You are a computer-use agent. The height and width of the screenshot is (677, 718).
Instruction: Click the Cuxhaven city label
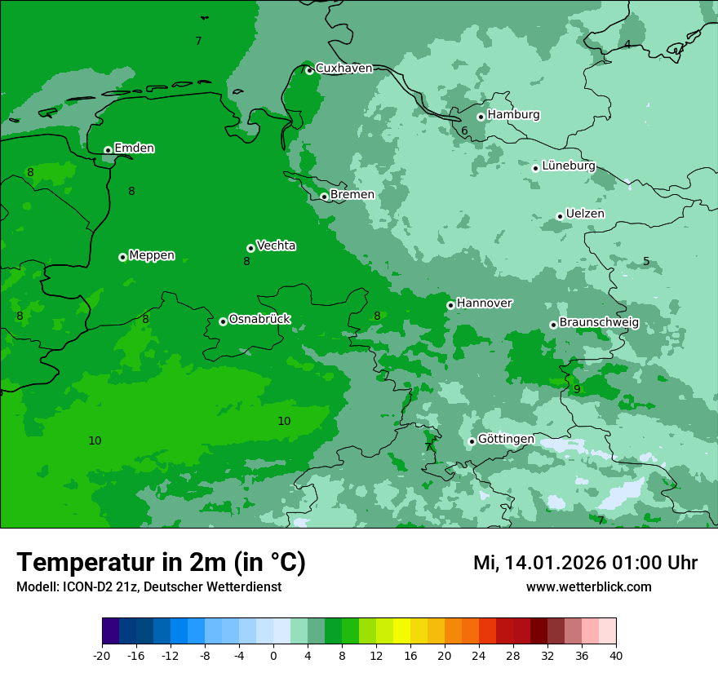(343, 69)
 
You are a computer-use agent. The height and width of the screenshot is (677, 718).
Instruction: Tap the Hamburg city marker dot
(481, 117)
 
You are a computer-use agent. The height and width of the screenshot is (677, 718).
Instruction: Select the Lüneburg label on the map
(568, 166)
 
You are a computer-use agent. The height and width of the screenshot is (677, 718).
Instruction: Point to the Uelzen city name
(585, 214)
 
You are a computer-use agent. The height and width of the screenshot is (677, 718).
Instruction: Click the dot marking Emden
(108, 150)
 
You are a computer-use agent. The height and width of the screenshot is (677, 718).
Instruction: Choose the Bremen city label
(352, 195)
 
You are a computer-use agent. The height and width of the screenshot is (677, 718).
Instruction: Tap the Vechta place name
(276, 246)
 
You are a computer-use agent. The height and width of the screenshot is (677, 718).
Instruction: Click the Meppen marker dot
(122, 257)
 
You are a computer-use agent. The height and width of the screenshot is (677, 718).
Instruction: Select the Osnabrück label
(259, 319)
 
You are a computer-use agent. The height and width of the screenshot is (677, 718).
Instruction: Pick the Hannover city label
(484, 303)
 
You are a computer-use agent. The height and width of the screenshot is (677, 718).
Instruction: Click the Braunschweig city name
(599, 323)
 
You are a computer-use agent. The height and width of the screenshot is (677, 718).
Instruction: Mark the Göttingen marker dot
(472, 441)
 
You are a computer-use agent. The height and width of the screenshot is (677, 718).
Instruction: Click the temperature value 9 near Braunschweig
(577, 389)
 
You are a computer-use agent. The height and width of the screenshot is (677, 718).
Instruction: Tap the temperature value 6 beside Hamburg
(464, 131)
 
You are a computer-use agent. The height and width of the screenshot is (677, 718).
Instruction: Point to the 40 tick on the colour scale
(616, 655)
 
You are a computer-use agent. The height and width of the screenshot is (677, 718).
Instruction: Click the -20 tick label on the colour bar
(102, 655)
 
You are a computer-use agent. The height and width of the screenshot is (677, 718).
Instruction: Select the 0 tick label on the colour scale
(273, 655)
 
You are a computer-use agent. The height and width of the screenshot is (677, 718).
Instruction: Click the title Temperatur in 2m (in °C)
(161, 562)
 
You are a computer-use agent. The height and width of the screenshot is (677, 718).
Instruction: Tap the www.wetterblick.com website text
(588, 587)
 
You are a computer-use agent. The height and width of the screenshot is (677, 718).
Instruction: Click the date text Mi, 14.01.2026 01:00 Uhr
(585, 563)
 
